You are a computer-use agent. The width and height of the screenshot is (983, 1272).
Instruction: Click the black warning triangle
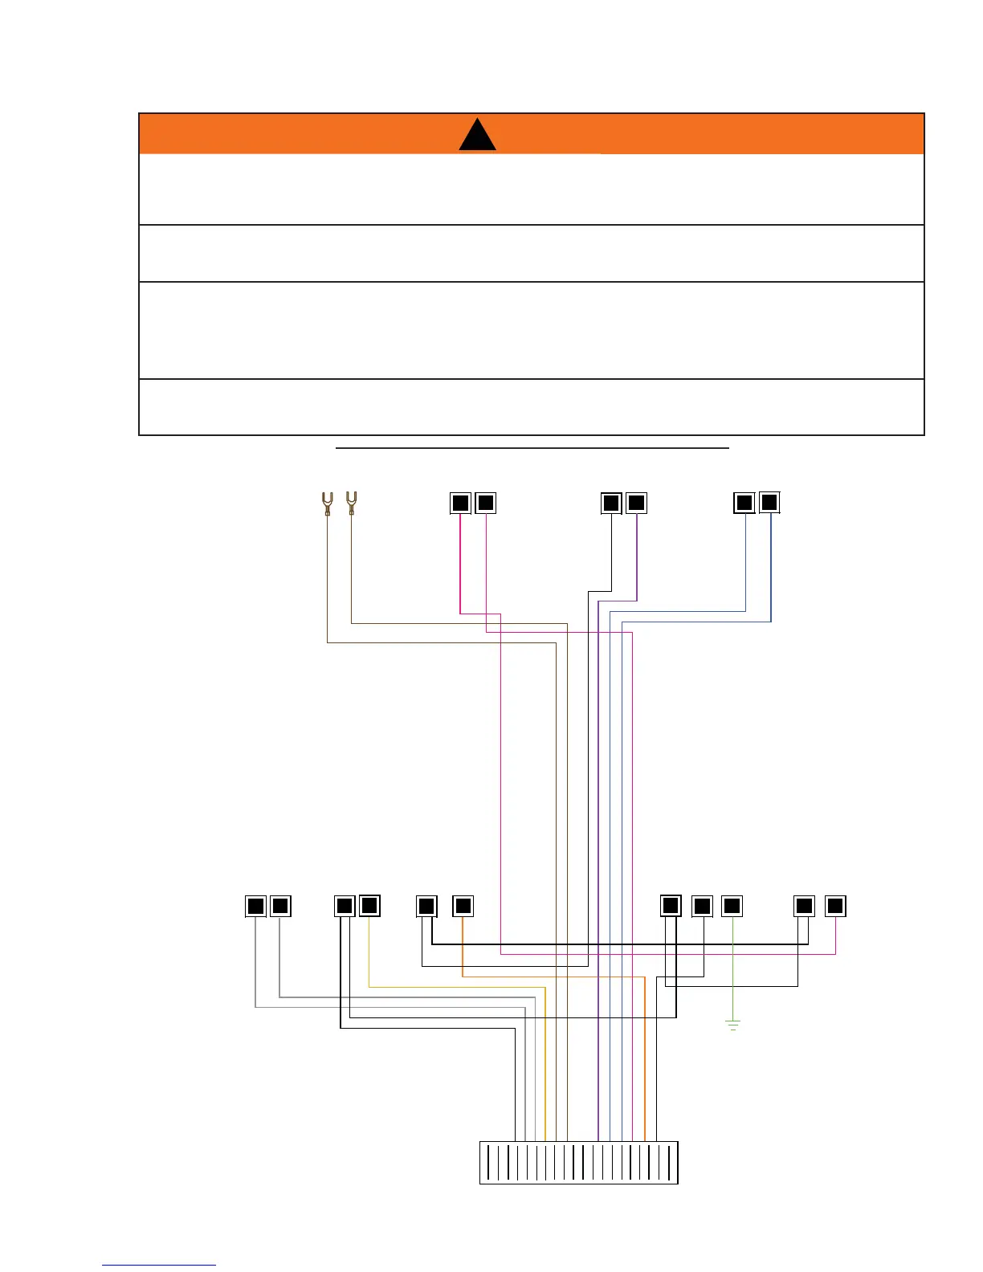point(477,137)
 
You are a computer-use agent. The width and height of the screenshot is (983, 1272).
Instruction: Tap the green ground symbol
point(732,1024)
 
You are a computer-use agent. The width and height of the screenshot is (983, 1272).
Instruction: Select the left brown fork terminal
point(327,503)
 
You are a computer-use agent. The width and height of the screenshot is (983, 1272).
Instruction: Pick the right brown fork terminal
point(351,502)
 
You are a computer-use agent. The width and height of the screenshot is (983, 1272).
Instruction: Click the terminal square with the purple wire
point(636,503)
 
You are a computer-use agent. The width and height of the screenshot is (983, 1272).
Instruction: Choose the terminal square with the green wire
point(732,906)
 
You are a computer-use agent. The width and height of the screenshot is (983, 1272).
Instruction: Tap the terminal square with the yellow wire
point(369,906)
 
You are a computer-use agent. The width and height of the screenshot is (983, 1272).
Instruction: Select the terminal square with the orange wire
point(463,906)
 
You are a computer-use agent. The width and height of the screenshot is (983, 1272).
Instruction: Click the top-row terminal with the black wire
point(611,503)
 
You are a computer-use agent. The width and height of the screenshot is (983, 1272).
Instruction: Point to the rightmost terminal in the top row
point(769,502)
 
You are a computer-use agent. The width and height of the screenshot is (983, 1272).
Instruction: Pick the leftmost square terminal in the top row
point(460,503)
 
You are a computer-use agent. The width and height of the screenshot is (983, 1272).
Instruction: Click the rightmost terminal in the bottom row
point(835,906)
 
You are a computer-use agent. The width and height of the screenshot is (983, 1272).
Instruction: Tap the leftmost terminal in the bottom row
point(255,906)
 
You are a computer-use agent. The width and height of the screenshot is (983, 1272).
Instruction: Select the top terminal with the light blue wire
point(744,503)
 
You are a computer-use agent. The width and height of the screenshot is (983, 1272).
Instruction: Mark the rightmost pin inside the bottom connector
point(669,1162)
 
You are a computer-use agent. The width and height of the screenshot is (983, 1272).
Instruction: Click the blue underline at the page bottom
point(159,1265)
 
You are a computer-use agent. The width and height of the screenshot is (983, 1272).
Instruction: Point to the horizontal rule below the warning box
point(532,447)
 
